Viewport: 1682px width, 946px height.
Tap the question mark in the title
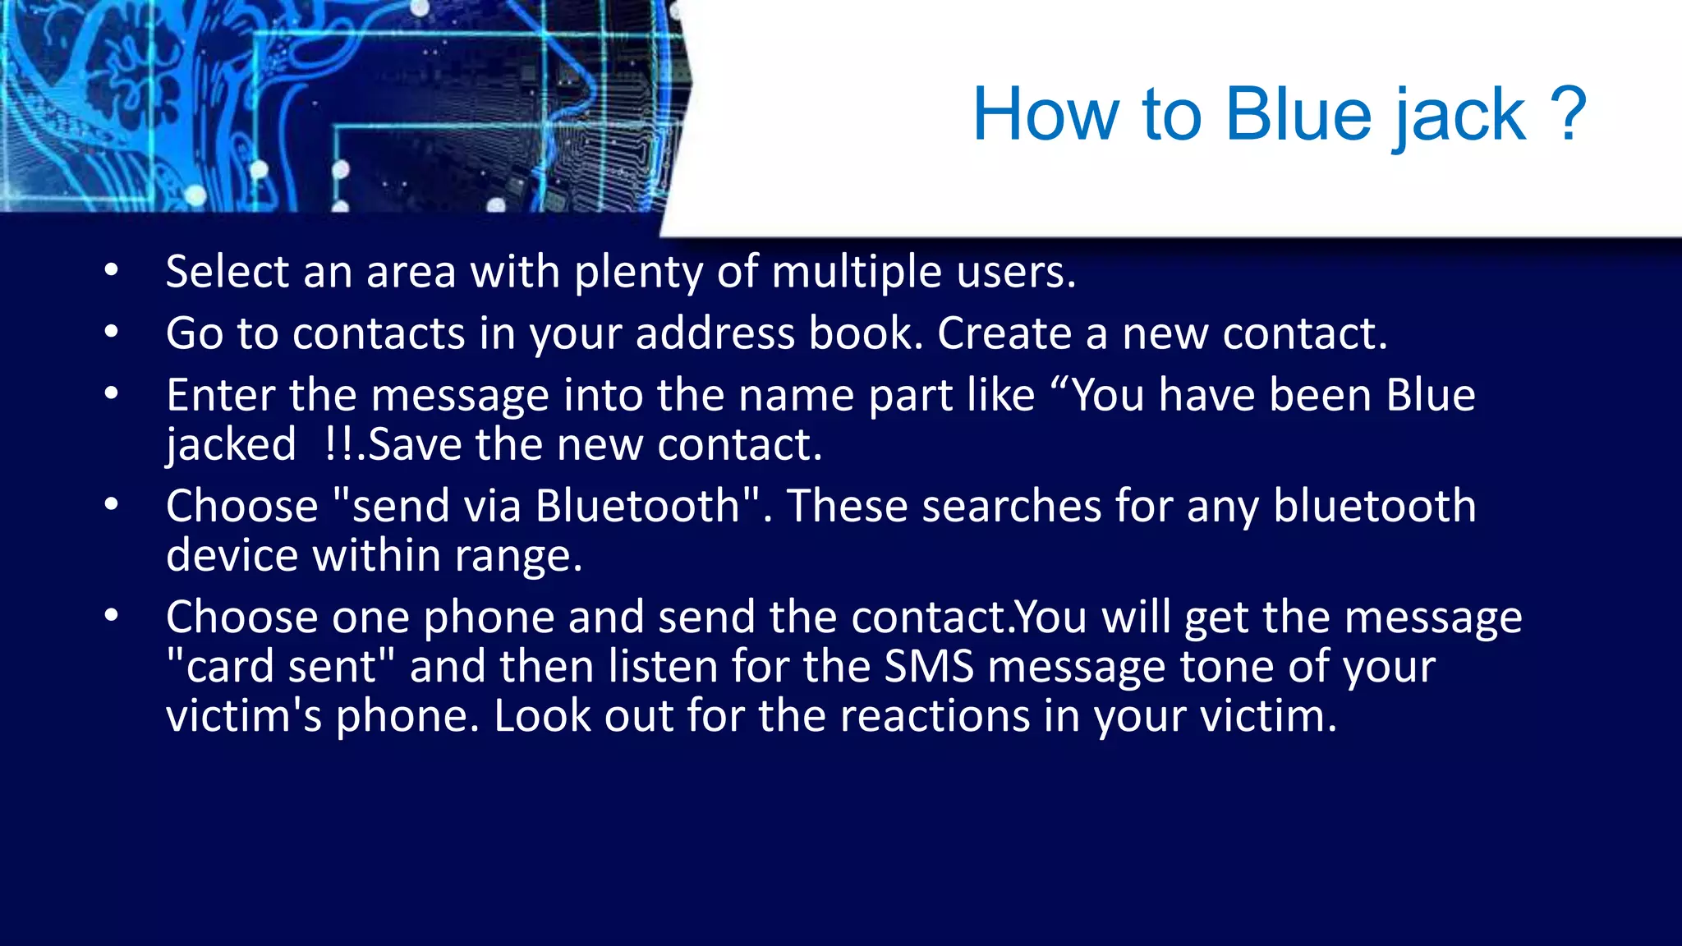coord(1568,115)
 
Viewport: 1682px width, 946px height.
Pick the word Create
coord(1004,333)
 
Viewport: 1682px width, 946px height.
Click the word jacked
coord(231,446)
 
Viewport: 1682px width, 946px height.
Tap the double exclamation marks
coord(339,444)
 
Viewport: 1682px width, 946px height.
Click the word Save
coord(415,444)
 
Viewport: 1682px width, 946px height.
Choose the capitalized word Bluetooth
coord(638,506)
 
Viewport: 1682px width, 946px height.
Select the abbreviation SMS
coord(928,666)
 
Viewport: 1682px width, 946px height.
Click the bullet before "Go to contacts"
coord(112,333)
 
